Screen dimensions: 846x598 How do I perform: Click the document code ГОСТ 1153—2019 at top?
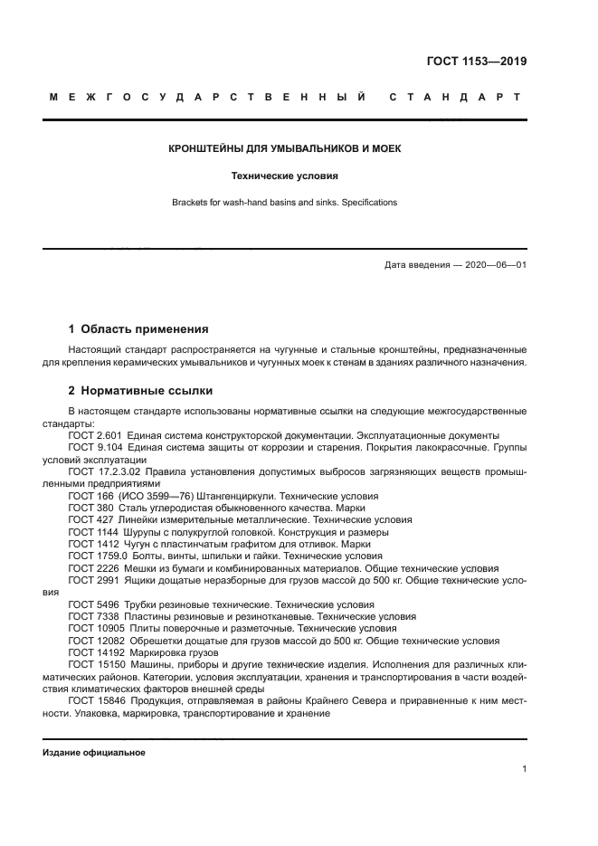pyautogui.click(x=477, y=62)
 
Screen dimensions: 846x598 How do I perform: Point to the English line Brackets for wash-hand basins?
pyautogui.click(x=285, y=203)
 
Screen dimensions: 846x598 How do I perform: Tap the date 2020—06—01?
pyautogui.click(x=493, y=265)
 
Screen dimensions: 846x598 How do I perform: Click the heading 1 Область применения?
pyautogui.click(x=138, y=328)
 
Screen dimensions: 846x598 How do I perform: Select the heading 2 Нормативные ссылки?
pyautogui.click(x=141, y=391)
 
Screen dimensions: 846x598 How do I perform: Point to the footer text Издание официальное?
pyautogui.click(x=94, y=753)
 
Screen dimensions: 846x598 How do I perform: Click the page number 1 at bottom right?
pyautogui.click(x=525, y=769)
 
